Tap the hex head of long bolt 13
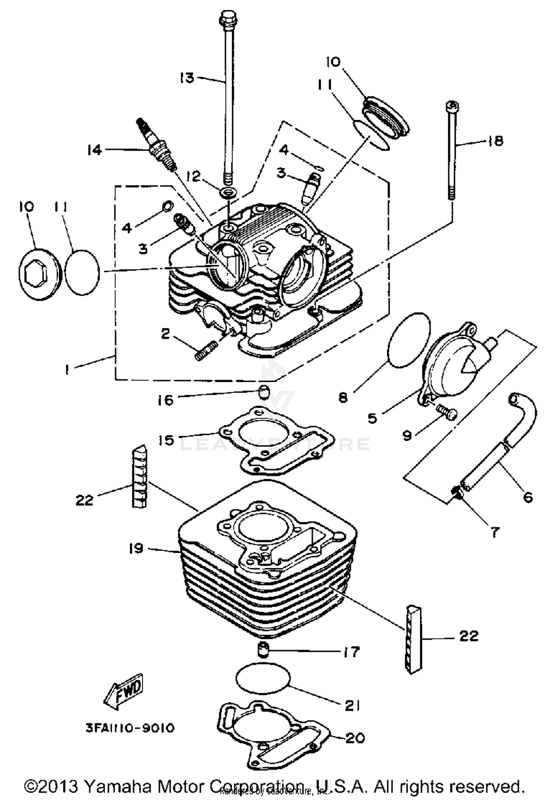click(x=228, y=17)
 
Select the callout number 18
click(x=496, y=140)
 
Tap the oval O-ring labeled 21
click(x=263, y=677)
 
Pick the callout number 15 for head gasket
click(x=166, y=439)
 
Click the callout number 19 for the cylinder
click(x=136, y=548)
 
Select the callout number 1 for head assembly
click(x=67, y=370)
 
